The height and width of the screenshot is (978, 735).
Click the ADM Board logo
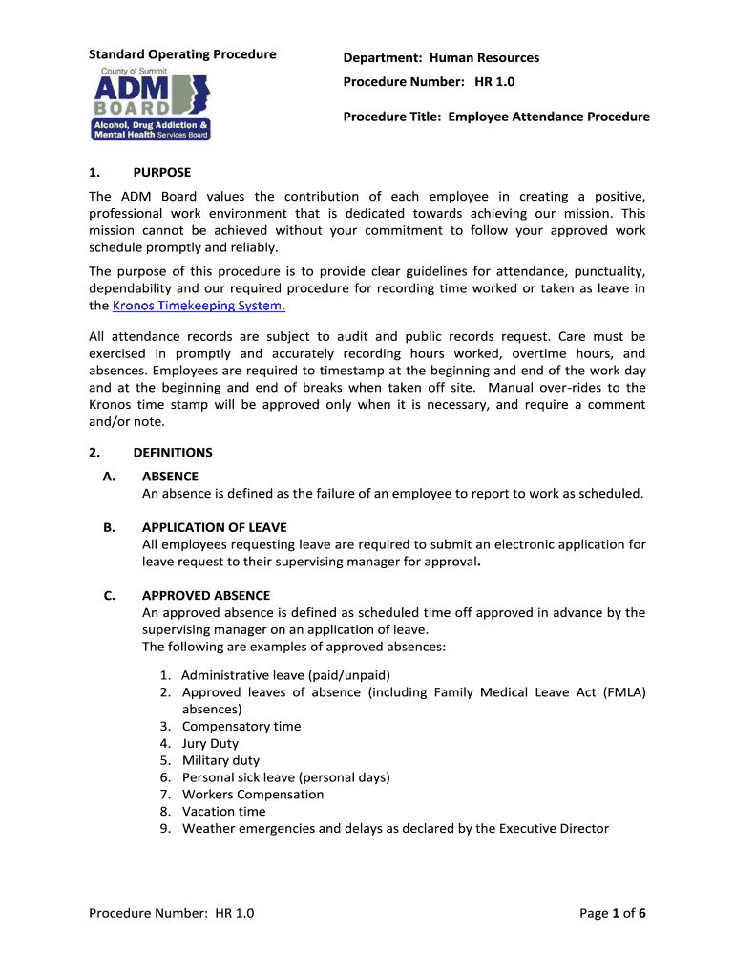coord(150,103)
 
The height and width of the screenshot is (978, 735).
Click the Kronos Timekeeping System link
coord(199,306)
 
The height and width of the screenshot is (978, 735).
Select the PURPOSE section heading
coord(161,172)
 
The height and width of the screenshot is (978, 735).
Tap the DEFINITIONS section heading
coord(172,453)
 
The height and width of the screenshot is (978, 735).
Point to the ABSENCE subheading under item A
coord(170,476)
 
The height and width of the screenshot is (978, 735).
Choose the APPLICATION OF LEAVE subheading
coord(214,527)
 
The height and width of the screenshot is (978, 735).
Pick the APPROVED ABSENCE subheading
coord(205,595)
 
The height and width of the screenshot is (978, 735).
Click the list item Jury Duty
coord(210,743)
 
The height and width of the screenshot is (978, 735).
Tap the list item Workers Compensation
coord(253,795)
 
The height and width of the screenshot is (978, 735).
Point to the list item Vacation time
coord(223,812)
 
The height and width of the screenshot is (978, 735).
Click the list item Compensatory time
coord(241,726)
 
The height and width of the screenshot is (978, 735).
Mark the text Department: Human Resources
coord(441,57)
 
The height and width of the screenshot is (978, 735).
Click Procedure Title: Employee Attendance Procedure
coord(496,117)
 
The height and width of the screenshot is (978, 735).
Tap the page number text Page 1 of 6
coord(613,913)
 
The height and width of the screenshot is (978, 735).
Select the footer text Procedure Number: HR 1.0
coord(172,913)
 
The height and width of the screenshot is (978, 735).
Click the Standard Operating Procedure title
coord(182,54)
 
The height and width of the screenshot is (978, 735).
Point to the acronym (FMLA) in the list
coord(624,692)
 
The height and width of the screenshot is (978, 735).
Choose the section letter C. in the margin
coord(110,595)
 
